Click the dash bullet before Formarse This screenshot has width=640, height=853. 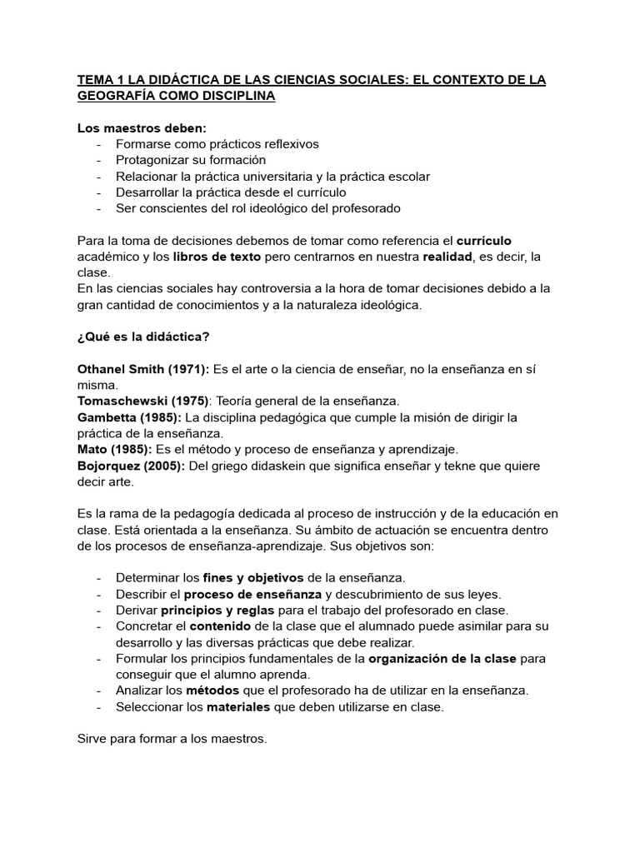coord(99,144)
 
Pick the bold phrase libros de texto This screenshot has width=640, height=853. coord(217,257)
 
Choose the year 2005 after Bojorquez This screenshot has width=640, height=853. coord(166,465)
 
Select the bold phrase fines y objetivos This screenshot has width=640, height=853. coord(253,576)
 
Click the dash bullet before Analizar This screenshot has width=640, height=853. coord(99,690)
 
